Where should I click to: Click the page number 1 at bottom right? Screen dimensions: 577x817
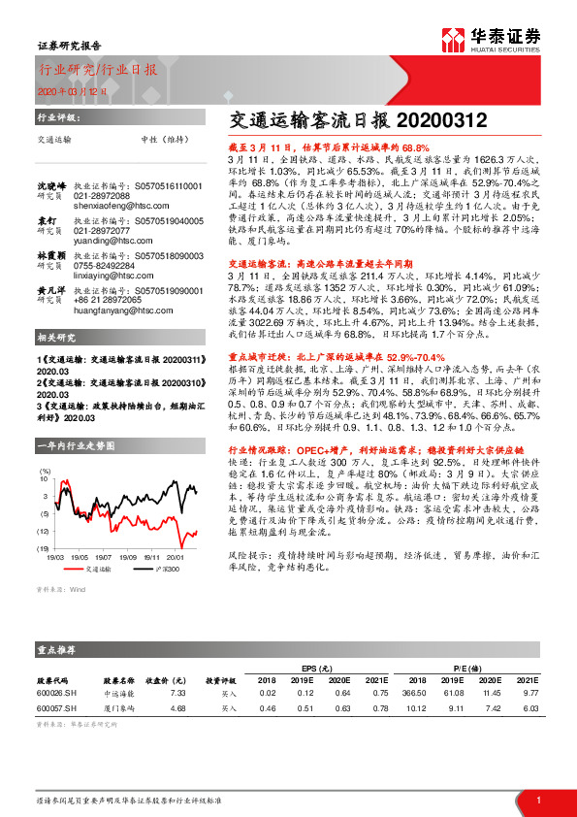click(537, 800)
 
